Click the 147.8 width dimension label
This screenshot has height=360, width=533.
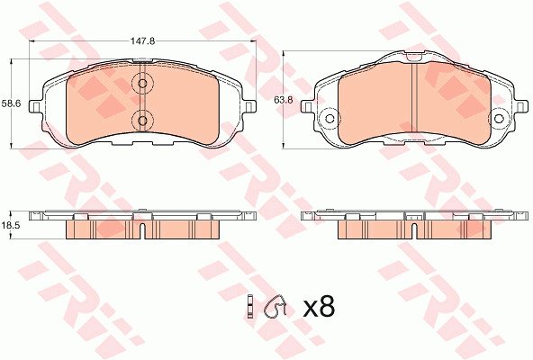tap(143, 41)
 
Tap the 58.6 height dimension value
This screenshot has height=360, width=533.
tap(11, 103)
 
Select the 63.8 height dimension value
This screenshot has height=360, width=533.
tap(283, 100)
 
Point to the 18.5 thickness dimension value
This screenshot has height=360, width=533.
tap(11, 225)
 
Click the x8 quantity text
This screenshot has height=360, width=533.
tap(319, 307)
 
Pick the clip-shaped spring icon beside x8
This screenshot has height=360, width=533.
tap(276, 305)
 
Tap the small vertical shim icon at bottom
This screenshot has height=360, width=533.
tap(250, 306)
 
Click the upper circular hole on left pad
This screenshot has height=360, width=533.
tap(143, 83)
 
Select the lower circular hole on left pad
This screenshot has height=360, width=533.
tap(143, 121)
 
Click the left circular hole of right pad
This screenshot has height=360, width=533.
tap(330, 119)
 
